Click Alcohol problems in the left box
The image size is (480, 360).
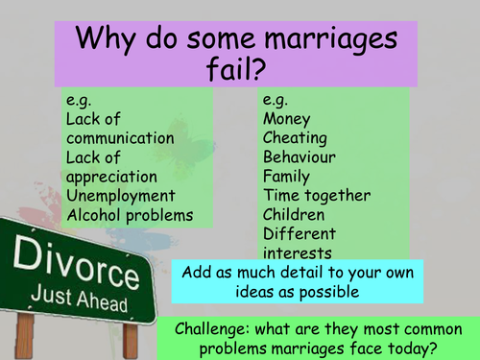click(129, 216)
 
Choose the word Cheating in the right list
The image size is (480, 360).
click(294, 138)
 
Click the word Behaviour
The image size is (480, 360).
click(301, 157)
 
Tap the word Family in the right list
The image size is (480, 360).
click(286, 177)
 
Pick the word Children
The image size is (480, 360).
click(295, 216)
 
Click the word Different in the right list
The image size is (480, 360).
click(298, 235)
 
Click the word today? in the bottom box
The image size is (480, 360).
click(409, 348)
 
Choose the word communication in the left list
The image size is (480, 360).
click(121, 138)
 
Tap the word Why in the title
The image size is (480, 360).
click(102, 41)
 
